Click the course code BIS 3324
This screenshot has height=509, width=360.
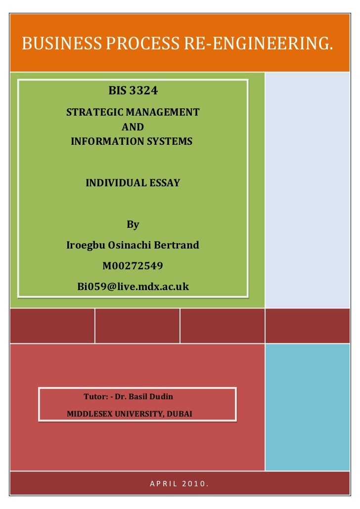pyautogui.click(x=133, y=91)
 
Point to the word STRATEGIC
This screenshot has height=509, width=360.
pyautogui.click(x=92, y=112)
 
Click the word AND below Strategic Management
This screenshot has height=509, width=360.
pyautogui.click(x=133, y=127)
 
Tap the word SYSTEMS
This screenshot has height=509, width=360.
pyautogui.click(x=169, y=142)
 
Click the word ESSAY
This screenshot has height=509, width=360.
pyautogui.click(x=163, y=183)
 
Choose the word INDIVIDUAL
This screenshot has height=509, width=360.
pyautogui.click(x=115, y=183)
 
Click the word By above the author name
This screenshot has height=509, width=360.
pyautogui.click(x=133, y=225)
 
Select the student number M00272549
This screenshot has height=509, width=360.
pyautogui.click(x=133, y=266)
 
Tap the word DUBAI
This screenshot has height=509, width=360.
pyautogui.click(x=180, y=414)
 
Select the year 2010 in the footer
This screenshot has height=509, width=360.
pyautogui.click(x=195, y=483)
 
